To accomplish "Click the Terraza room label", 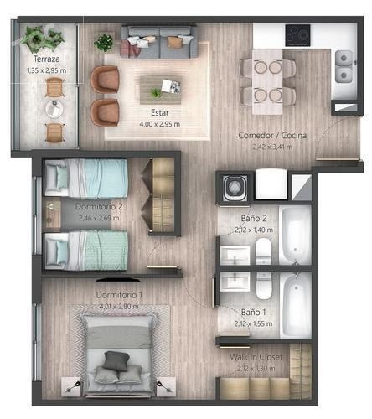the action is pyautogui.click(x=46, y=59).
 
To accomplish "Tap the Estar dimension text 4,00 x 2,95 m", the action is pyautogui.click(x=160, y=124).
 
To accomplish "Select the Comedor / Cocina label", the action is pyautogui.click(x=272, y=136).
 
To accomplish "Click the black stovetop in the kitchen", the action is pyautogui.click(x=297, y=35).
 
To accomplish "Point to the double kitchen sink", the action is pyautogui.click(x=344, y=66).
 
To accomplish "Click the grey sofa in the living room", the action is pyautogui.click(x=158, y=42).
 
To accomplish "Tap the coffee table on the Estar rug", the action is pyautogui.click(x=160, y=90).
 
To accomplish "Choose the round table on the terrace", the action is pyautogui.click(x=54, y=110).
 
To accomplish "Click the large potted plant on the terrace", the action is pyautogui.click(x=42, y=39).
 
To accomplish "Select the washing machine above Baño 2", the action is pyautogui.click(x=235, y=188).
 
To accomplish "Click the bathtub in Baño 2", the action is pyautogui.click(x=296, y=235).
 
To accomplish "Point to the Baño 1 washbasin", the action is pyautogui.click(x=235, y=282).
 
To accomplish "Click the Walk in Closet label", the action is pyautogui.click(x=256, y=357).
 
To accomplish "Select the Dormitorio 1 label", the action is pyautogui.click(x=119, y=295).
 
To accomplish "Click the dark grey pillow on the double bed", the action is pyautogui.click(x=116, y=361).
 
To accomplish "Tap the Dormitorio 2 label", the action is pyautogui.click(x=99, y=207).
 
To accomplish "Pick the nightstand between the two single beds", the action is pyautogui.click(x=52, y=214).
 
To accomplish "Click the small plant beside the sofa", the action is pyautogui.click(x=104, y=42).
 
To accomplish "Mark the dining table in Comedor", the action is pyautogui.click(x=267, y=82).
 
